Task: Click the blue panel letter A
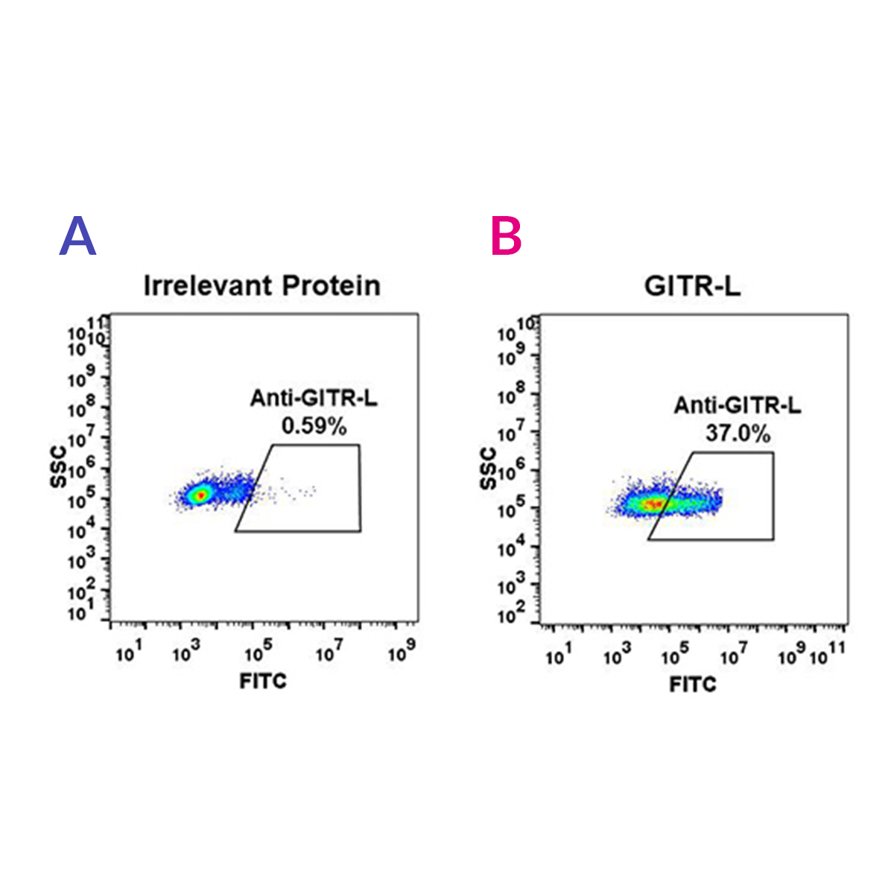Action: (78, 236)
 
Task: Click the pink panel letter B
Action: (507, 236)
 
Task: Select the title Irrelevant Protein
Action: (261, 285)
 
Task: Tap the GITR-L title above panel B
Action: (692, 286)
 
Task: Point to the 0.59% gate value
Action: (314, 426)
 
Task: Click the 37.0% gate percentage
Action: (738, 433)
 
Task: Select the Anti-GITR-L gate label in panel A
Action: (314, 399)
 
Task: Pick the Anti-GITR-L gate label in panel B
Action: (738, 405)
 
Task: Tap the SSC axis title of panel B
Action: (489, 469)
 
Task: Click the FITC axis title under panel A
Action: (263, 681)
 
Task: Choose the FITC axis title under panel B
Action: (693, 684)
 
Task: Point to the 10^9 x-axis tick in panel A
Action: (402, 653)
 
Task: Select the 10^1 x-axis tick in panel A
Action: (128, 653)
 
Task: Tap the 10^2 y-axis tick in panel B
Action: (511, 614)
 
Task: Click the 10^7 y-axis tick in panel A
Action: (80, 438)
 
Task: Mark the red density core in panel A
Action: (199, 495)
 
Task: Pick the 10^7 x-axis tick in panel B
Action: (733, 656)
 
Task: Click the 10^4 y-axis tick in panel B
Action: (511, 548)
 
